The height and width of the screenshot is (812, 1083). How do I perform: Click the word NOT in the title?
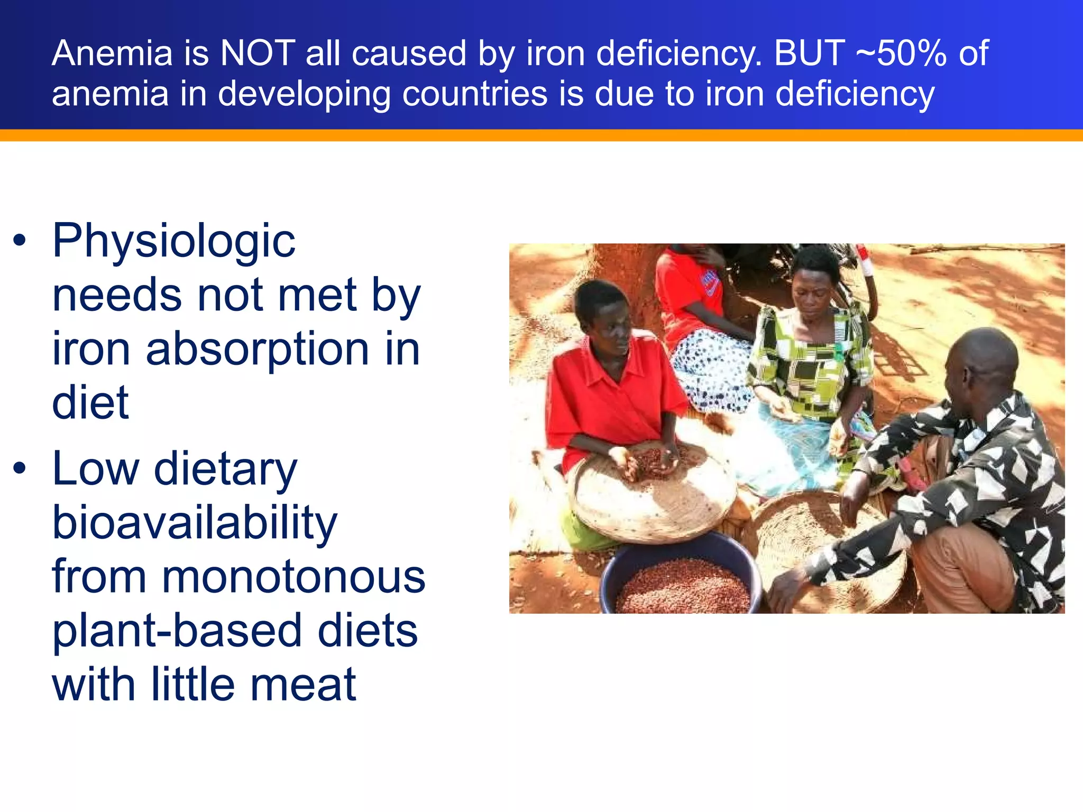click(258, 53)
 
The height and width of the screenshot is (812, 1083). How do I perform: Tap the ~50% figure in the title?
click(901, 53)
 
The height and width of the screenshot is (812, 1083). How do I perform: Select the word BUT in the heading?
click(809, 53)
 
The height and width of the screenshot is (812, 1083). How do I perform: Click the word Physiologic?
click(174, 242)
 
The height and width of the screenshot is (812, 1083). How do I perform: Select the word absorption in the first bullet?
click(257, 349)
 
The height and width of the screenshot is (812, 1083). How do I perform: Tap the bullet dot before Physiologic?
click(20, 241)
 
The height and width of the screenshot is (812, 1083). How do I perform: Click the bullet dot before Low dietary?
click(20, 468)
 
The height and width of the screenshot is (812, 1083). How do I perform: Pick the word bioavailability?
click(195, 524)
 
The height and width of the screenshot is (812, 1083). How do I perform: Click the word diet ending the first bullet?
click(90, 403)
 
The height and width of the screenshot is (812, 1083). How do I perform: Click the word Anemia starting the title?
click(112, 53)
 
